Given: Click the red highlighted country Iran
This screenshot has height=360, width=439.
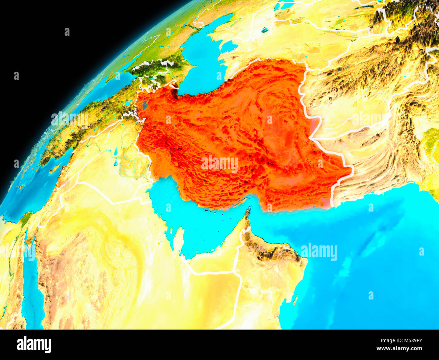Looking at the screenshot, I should (236, 135).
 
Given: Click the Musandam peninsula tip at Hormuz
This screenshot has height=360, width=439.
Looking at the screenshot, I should (248, 213).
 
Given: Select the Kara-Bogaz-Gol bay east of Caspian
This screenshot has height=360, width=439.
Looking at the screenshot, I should (230, 46).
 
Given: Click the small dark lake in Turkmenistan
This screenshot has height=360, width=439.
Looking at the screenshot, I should (264, 30).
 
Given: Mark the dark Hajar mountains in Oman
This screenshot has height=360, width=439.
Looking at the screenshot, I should (270, 250).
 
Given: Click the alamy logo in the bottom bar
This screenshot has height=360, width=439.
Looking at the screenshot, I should (34, 345).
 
